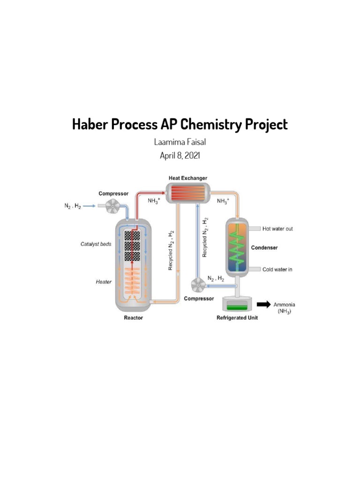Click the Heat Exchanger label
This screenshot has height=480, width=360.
188,178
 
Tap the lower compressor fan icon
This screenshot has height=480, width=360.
199,284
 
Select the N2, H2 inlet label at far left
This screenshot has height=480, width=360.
73,206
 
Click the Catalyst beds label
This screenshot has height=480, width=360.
96,244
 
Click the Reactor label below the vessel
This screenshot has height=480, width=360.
134,318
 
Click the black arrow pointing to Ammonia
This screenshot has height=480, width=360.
263,305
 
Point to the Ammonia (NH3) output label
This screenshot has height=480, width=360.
284,307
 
